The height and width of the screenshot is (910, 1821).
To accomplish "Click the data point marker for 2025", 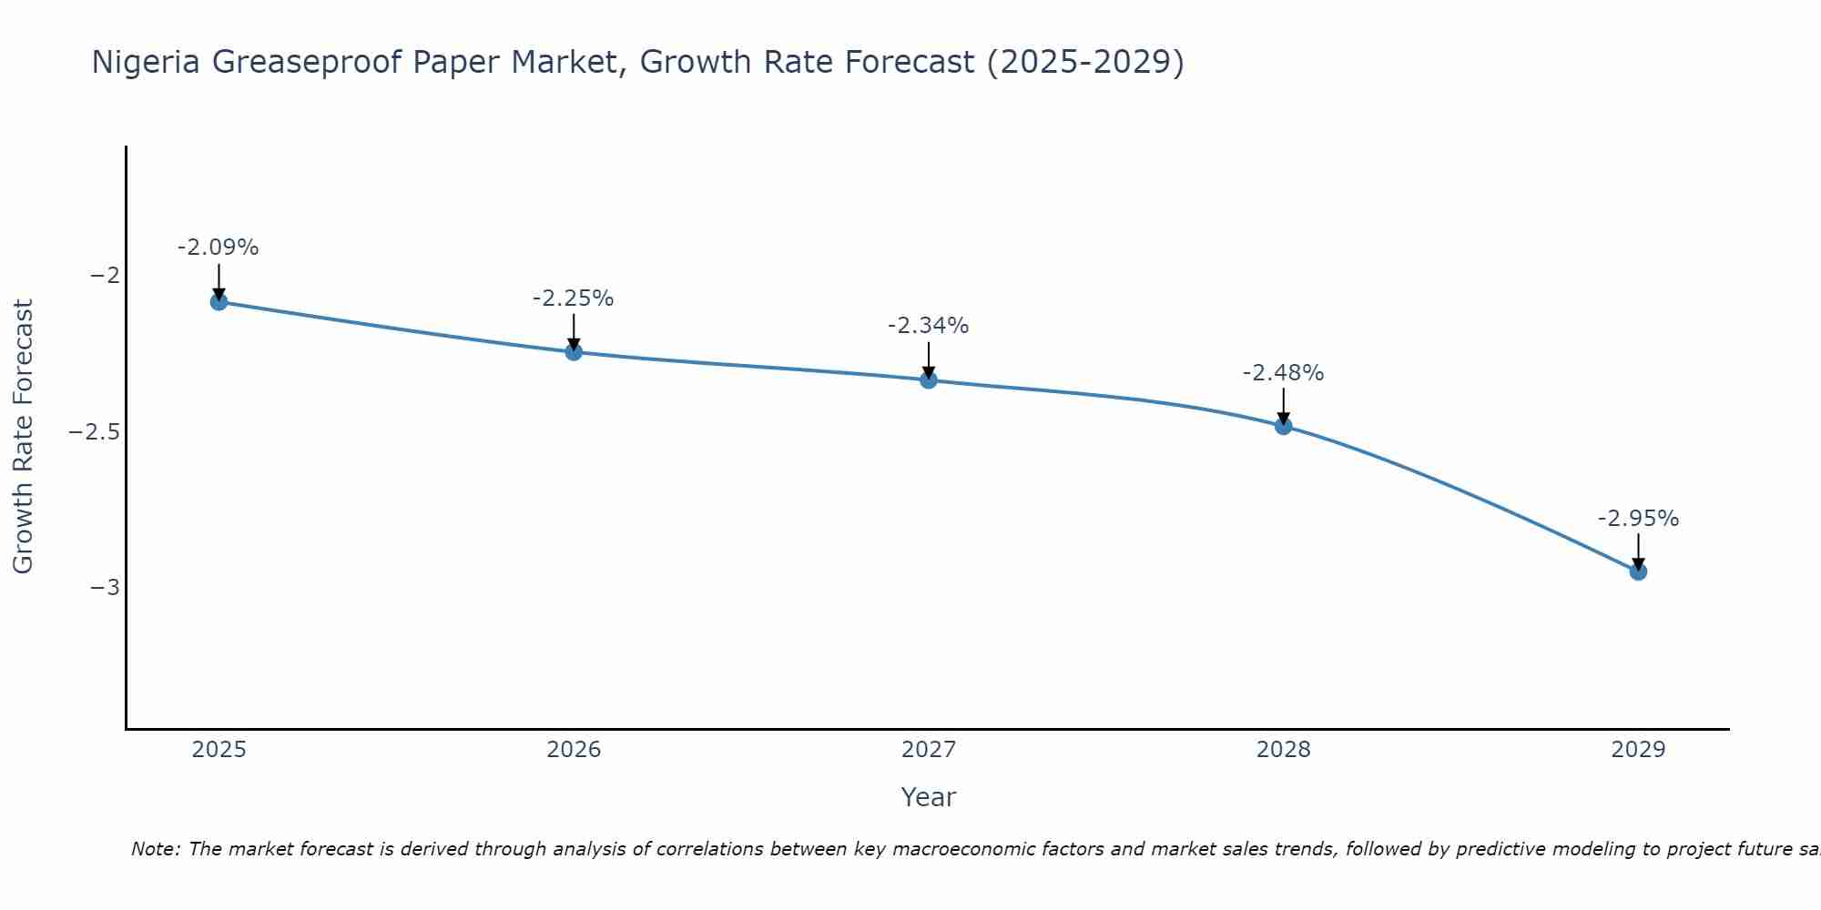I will point(219,301).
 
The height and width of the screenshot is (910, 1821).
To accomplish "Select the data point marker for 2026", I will point(574,351).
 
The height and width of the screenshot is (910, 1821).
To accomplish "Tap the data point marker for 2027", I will point(929,379).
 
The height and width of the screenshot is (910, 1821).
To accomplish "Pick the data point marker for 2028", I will point(1284,425).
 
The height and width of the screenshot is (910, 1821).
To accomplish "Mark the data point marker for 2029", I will point(1638,571).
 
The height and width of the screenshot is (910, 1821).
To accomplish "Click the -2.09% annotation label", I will point(219,248).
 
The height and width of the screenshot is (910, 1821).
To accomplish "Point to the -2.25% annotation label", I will point(574,298).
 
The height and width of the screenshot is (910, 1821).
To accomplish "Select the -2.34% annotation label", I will point(929,326).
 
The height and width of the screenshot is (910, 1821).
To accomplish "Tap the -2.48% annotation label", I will point(1284,373).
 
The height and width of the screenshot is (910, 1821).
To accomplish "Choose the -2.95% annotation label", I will point(1638,519).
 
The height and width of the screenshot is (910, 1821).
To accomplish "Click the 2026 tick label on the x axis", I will point(574,750).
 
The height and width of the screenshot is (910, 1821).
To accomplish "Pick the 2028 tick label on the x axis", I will point(1284,750).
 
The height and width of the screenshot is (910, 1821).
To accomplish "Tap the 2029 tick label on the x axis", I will point(1638,750).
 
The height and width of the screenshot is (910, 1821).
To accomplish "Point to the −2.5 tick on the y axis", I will point(95,431).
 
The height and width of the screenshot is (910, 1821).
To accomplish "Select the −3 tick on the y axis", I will point(106,587).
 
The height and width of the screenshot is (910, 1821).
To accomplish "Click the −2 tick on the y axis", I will point(106,276).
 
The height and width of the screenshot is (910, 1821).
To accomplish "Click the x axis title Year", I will point(928,797).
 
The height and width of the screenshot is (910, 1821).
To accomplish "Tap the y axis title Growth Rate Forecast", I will point(23,437).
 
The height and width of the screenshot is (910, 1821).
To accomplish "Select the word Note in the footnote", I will point(155,849).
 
